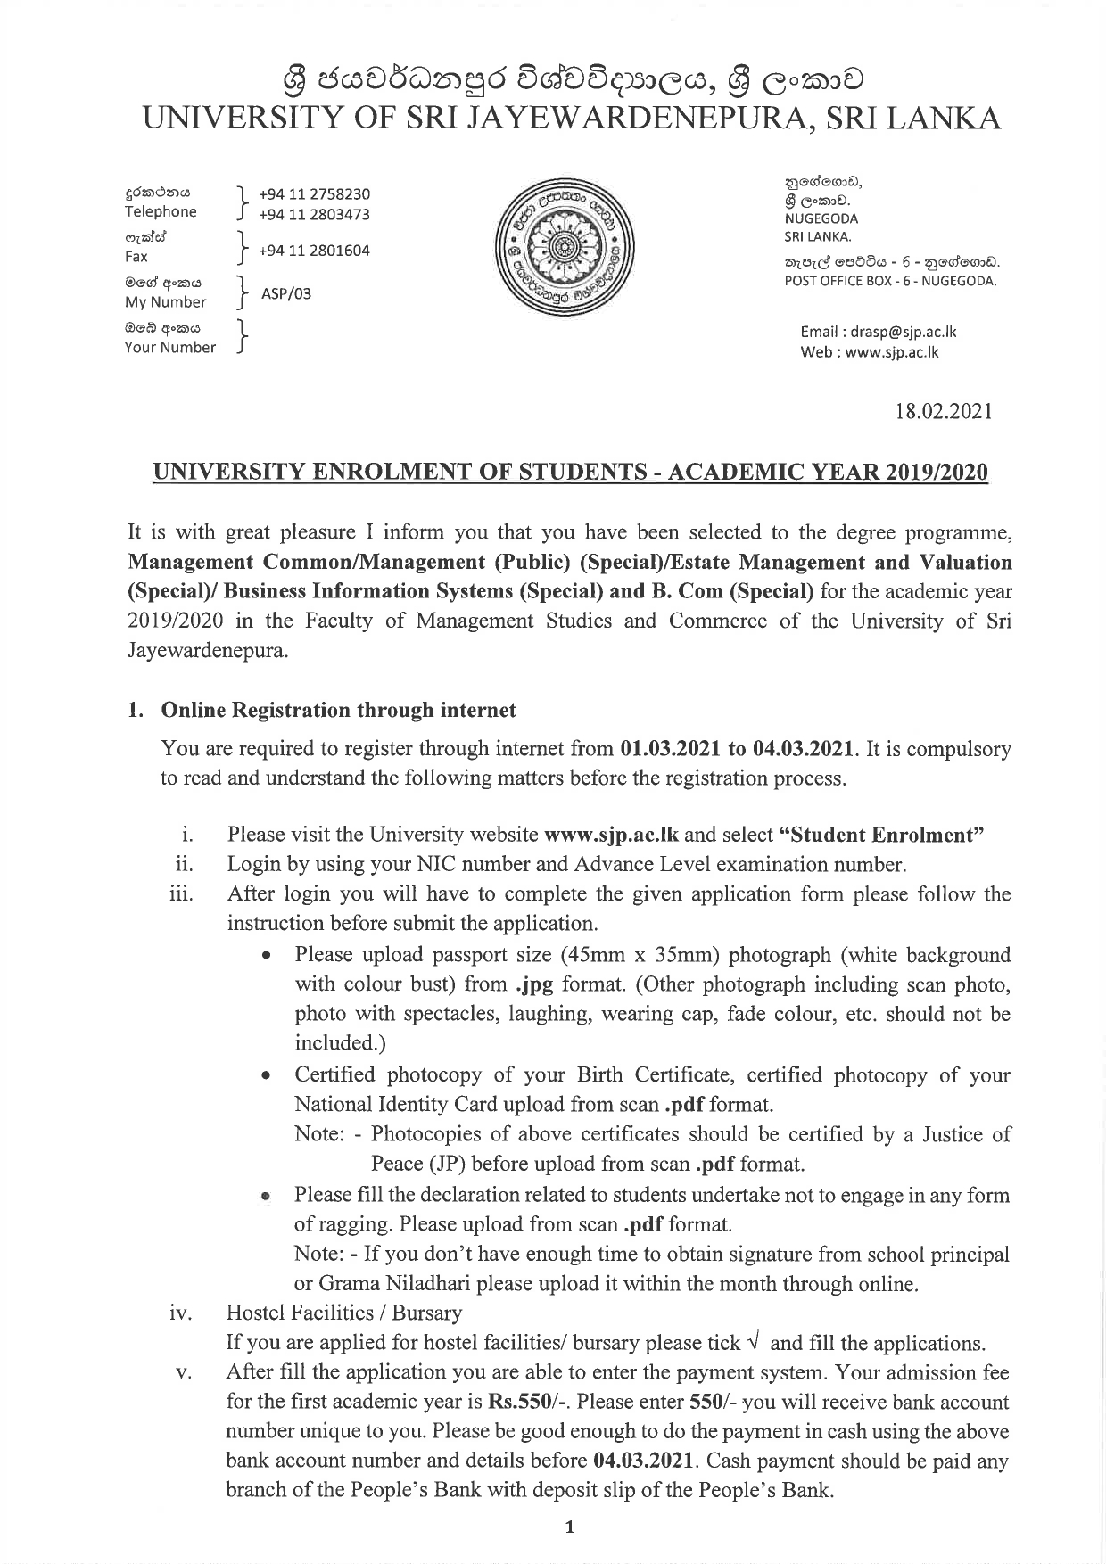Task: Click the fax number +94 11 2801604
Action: (314, 251)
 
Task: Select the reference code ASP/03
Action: (286, 293)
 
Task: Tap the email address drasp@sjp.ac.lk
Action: (903, 332)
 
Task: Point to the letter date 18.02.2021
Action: (944, 412)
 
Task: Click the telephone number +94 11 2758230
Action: (314, 194)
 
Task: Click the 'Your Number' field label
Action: (169, 347)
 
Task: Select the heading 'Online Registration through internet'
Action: (338, 711)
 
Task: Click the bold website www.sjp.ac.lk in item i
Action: (611, 836)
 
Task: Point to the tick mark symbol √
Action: (755, 1343)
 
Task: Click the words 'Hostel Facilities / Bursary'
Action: (344, 1313)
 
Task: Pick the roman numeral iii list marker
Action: (181, 894)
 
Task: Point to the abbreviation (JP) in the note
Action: (447, 1164)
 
